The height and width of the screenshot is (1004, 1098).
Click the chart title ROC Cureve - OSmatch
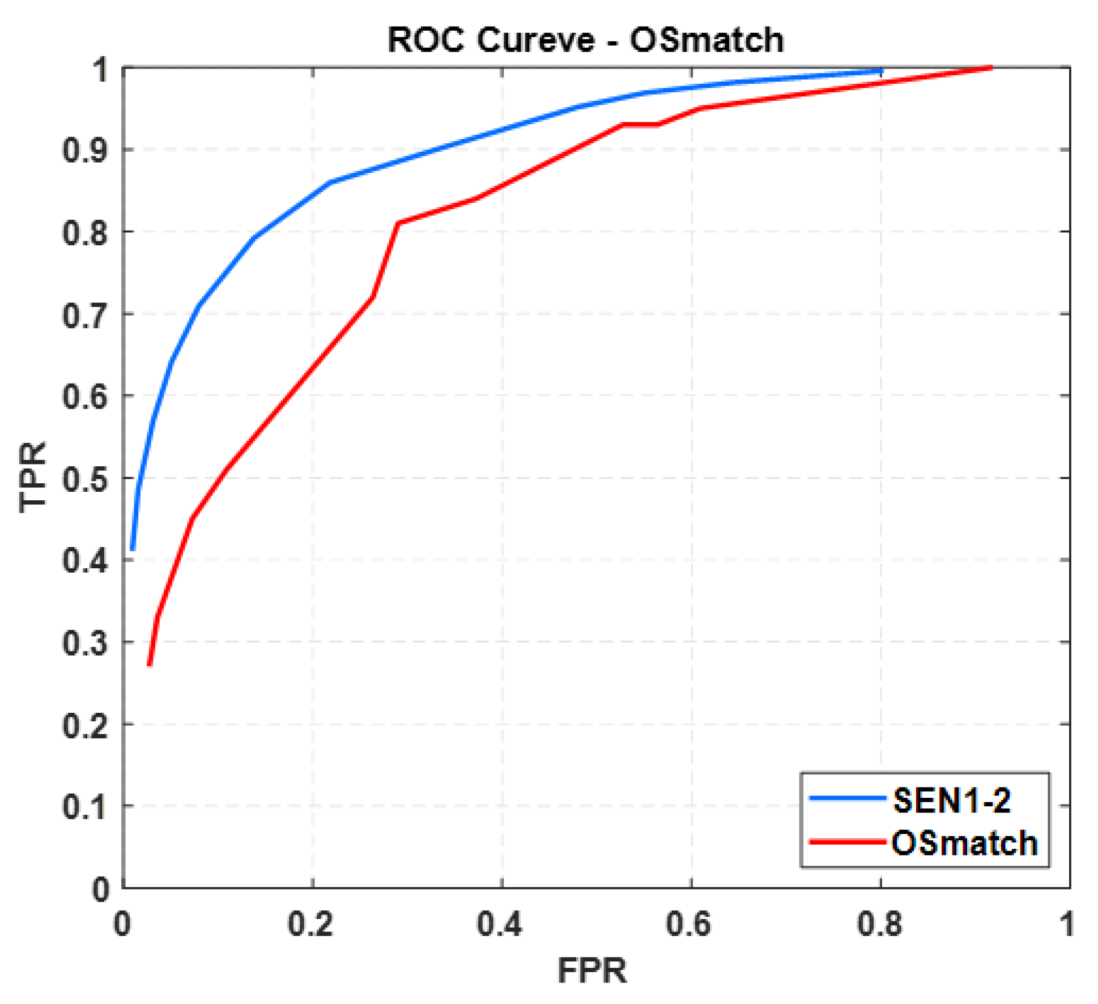tap(585, 40)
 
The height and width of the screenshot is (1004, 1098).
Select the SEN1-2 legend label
tap(951, 801)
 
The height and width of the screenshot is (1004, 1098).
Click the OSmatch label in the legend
tap(964, 843)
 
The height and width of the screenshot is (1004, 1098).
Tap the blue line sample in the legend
tap(846, 798)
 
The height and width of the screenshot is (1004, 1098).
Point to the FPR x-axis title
tap(591, 970)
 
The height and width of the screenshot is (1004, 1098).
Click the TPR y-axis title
tap(33, 477)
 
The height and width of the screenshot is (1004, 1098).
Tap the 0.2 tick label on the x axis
tap(310, 924)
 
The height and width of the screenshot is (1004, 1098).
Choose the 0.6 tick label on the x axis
tap(688, 924)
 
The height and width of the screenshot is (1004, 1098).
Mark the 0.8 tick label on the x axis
tap(879, 924)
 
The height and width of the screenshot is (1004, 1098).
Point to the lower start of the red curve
tap(150, 664)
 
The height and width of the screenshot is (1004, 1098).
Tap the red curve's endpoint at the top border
tap(991, 67)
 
